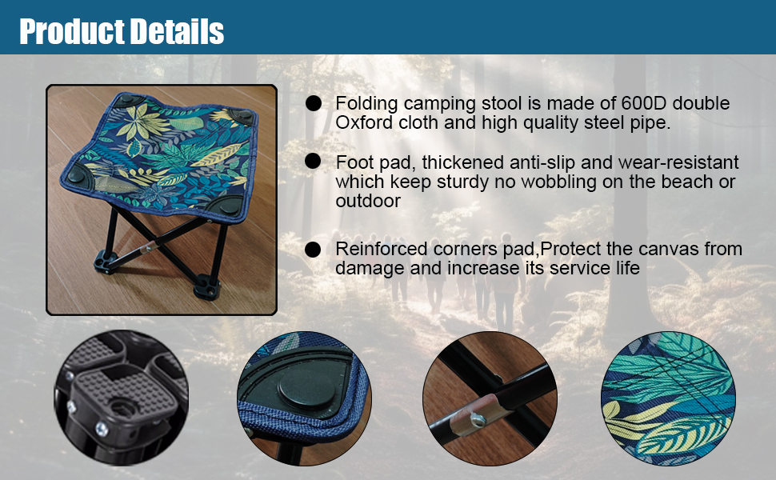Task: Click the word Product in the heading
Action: coord(71,31)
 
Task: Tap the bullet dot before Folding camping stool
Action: coord(314,103)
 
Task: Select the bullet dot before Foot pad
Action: coord(313,161)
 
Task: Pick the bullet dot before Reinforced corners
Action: coord(313,250)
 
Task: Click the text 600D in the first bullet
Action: coord(643,103)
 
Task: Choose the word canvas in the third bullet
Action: coord(670,249)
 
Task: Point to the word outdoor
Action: coord(368,201)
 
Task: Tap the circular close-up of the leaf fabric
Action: coord(668,398)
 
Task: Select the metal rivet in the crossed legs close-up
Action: coord(477,421)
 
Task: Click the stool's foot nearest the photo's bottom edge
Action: coord(207,286)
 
